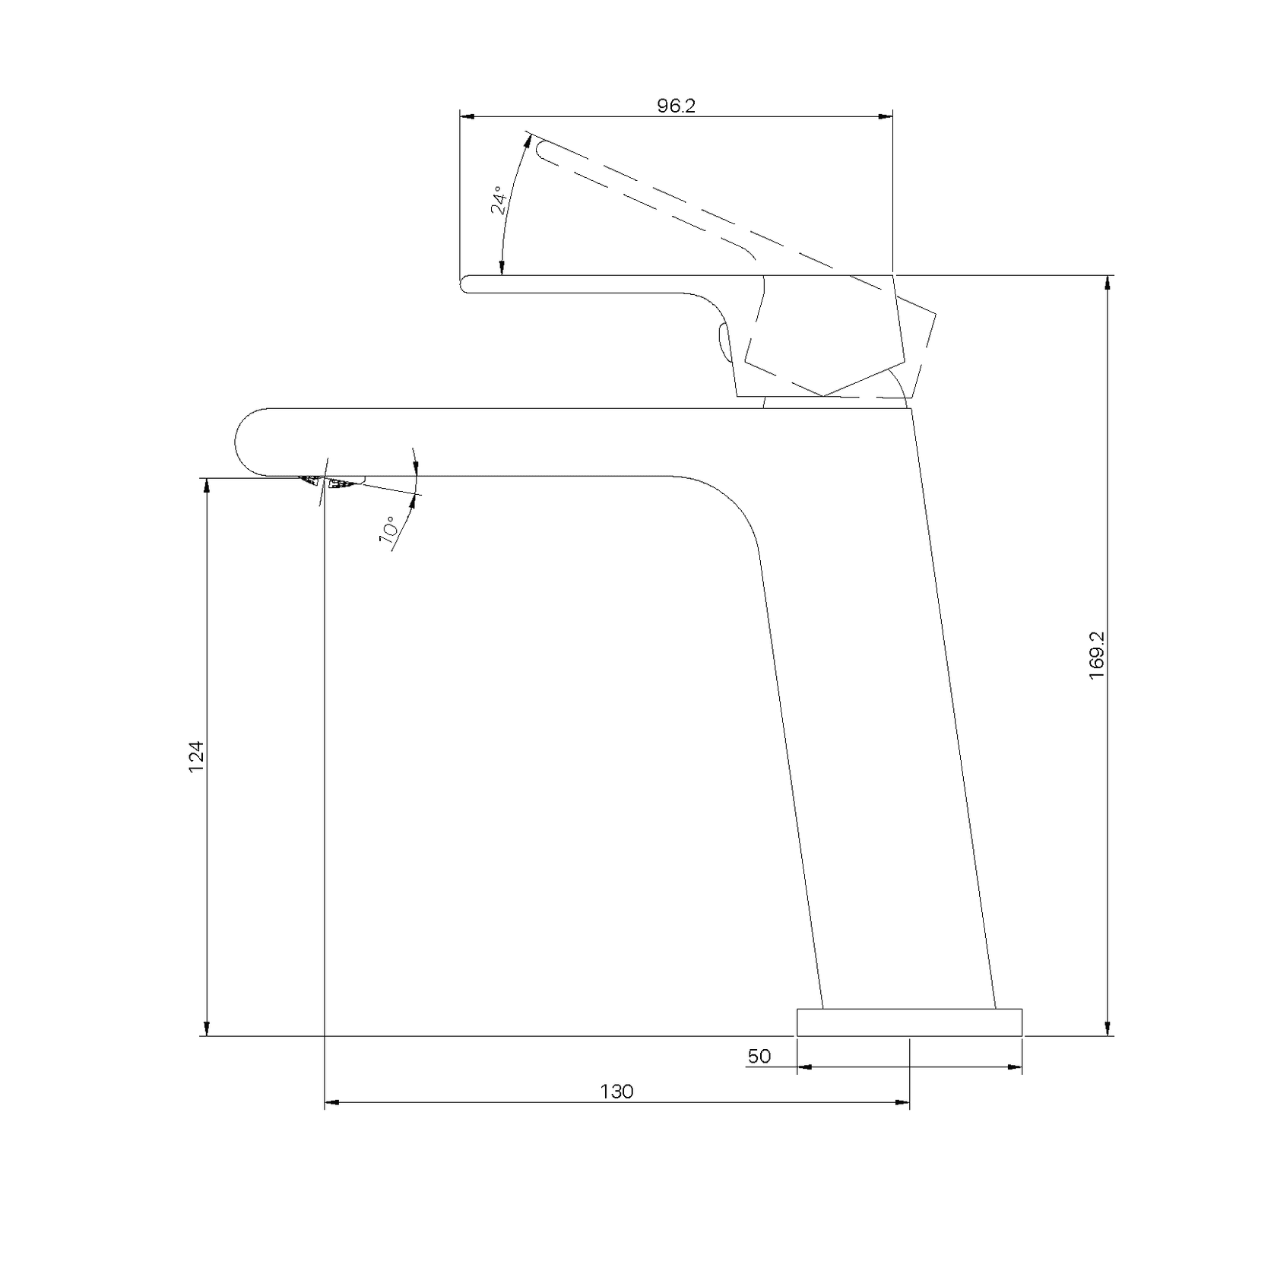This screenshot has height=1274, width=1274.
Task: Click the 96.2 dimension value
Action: [676, 106]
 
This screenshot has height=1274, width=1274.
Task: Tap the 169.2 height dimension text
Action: [1097, 655]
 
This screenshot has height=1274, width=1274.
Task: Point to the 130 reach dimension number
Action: [616, 1092]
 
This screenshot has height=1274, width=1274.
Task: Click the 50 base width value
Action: [759, 1056]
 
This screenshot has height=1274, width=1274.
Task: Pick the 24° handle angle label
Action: [499, 200]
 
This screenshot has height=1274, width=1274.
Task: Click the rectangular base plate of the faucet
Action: [909, 1022]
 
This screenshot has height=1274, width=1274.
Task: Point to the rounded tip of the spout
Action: [242, 442]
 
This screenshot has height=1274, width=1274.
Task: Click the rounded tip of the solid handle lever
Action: [465, 284]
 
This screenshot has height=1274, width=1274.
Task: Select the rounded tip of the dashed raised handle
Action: [541, 151]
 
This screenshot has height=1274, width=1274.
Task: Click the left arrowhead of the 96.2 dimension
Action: [467, 116]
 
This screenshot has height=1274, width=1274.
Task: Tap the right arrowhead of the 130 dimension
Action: [902, 1102]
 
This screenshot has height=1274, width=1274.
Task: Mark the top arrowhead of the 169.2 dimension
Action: [1107, 282]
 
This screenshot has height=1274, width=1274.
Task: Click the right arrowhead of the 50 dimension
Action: [1015, 1066]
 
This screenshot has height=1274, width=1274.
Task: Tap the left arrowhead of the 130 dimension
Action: [332, 1102]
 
